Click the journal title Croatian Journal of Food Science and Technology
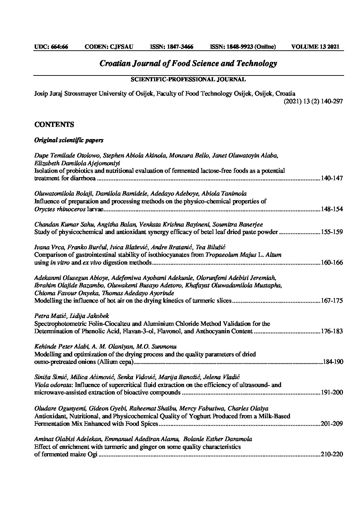pyautogui.click(x=188, y=64)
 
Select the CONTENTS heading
pyautogui.click(x=54, y=125)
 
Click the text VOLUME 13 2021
pyautogui.click(x=315, y=47)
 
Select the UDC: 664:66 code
pyautogui.click(x=51, y=47)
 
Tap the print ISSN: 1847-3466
pyautogui.click(x=171, y=47)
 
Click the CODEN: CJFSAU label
pyautogui.click(x=109, y=47)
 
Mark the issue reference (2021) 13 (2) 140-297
pyautogui.click(x=313, y=101)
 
